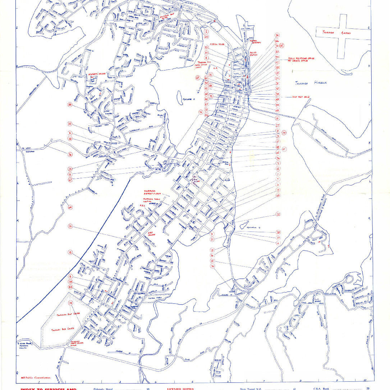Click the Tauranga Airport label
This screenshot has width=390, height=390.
(338, 33)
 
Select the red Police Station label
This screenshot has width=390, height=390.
(255, 54)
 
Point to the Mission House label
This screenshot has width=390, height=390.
(217, 44)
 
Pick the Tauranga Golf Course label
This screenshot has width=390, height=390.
(68, 314)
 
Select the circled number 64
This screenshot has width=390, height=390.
(70, 207)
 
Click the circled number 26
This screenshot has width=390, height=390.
(70, 226)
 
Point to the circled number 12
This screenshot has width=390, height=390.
(278, 214)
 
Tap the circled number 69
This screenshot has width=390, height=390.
(197, 77)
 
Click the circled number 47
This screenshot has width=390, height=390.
(284, 149)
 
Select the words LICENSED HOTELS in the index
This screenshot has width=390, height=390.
(180, 389)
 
